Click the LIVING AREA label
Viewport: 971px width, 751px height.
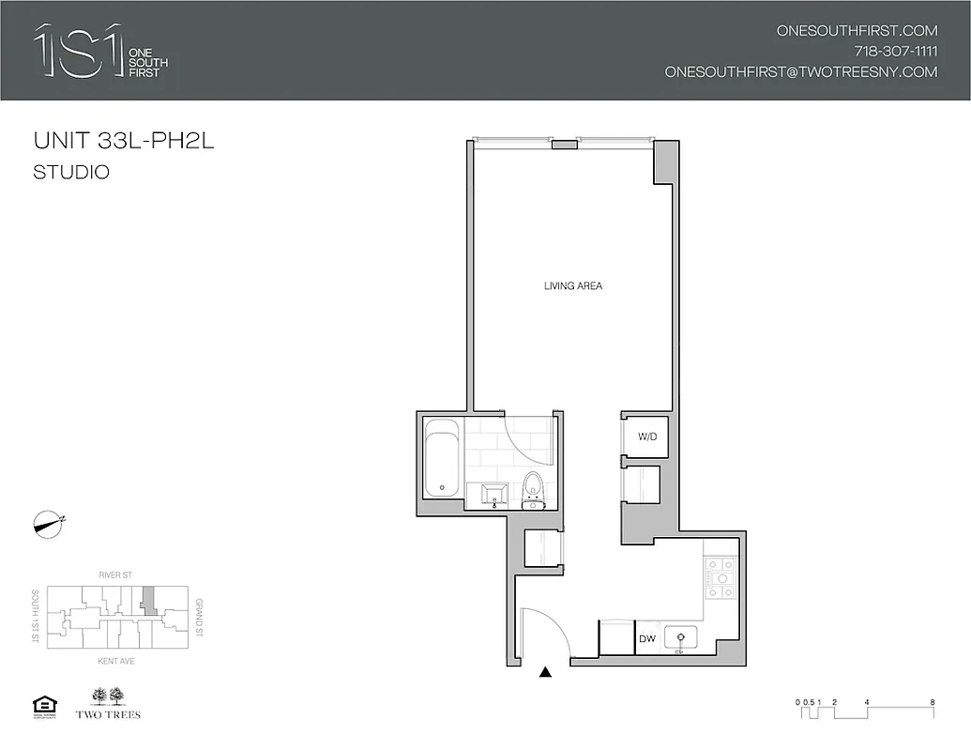572,285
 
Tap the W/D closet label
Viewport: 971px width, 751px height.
646,437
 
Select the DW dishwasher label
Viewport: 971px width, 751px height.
646,639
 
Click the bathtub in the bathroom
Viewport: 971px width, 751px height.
442,459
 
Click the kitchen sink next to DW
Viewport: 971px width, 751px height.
680,639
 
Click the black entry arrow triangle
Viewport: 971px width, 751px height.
545,672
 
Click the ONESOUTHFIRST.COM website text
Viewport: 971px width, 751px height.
857,30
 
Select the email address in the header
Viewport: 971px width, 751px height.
800,71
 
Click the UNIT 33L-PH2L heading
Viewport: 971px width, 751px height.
117,142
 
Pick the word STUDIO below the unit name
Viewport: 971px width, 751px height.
71,173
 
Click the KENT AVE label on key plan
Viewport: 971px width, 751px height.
117,661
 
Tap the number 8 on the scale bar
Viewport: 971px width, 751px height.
931,702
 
